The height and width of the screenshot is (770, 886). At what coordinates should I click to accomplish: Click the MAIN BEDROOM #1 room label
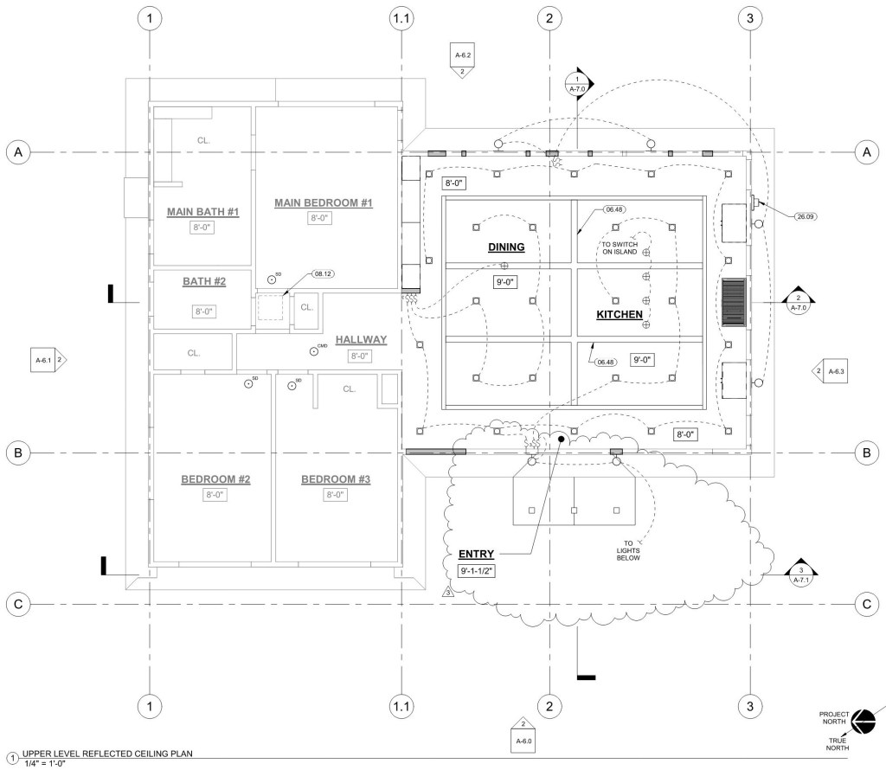[x=323, y=202]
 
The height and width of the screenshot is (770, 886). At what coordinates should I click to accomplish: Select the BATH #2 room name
[x=203, y=281]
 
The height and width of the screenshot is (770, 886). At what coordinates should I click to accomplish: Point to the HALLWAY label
[x=361, y=339]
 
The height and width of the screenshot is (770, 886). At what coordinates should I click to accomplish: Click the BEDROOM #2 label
[x=215, y=479]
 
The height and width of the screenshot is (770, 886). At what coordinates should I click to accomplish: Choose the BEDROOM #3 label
[x=336, y=479]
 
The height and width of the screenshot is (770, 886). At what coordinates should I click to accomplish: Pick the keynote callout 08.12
[x=323, y=273]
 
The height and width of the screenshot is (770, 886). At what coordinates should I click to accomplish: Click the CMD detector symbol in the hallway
[x=313, y=350]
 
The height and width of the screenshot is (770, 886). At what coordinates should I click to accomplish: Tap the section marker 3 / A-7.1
[x=801, y=574]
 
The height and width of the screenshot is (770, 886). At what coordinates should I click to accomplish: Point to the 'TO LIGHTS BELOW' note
[x=628, y=551]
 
